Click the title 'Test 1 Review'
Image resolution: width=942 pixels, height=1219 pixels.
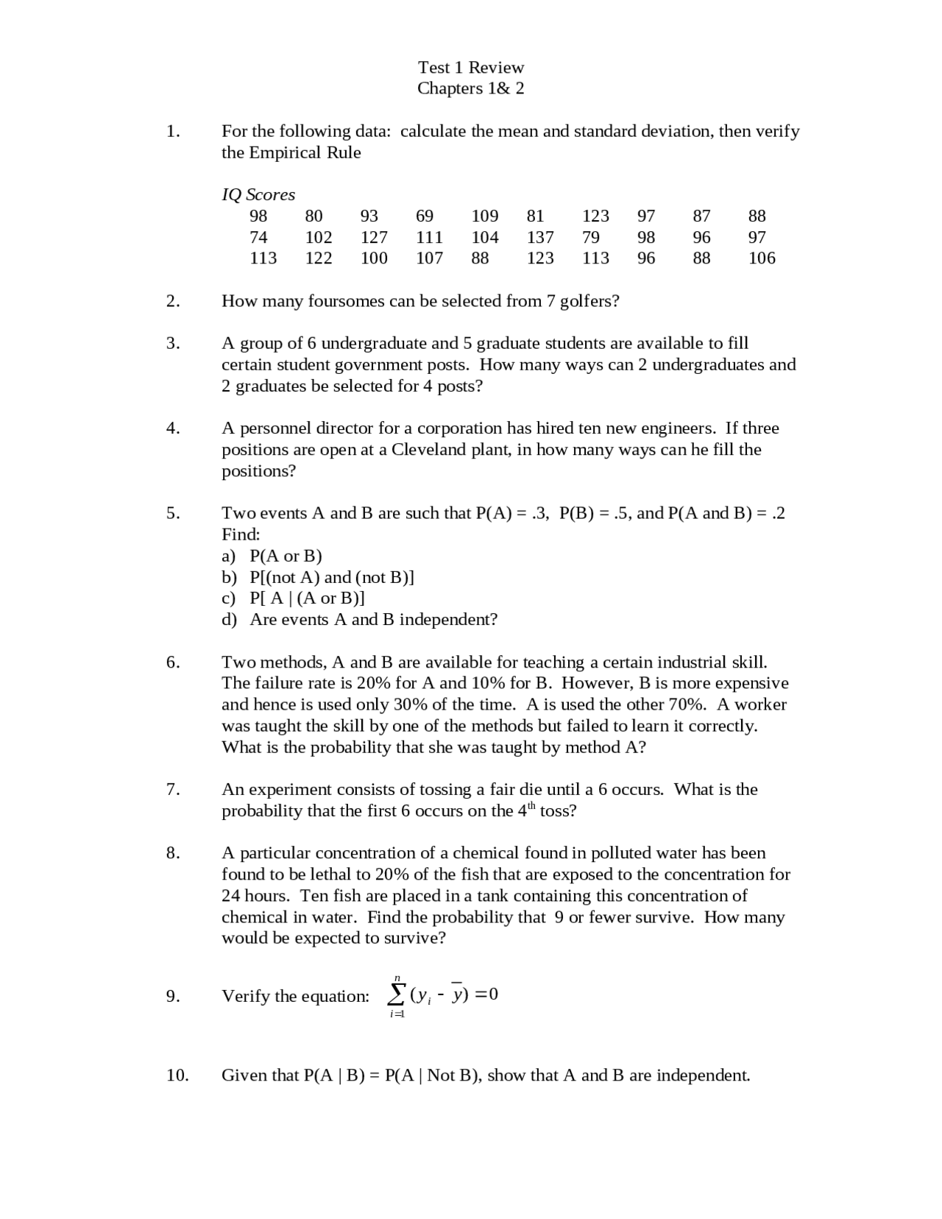(471, 68)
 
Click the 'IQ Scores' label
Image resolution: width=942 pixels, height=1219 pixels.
(258, 195)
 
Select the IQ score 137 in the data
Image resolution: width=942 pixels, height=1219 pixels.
(540, 238)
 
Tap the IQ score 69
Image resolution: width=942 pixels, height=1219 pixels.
(425, 216)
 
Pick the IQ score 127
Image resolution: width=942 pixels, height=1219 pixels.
(374, 238)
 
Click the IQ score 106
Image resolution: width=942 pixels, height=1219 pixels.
(762, 258)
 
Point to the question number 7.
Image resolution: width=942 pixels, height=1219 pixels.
(173, 790)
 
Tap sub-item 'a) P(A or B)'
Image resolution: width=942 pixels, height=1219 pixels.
(272, 556)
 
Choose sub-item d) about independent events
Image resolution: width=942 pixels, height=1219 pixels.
(359, 620)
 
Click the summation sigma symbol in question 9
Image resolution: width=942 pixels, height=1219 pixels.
(397, 995)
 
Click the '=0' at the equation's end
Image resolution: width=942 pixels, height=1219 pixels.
(487, 994)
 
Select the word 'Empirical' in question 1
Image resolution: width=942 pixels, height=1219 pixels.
(284, 153)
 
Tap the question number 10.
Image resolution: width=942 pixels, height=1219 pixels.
(177, 1075)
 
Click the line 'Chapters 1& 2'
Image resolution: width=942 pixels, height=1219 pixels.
(471, 88)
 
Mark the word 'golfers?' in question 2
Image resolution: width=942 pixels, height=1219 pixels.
(589, 301)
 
